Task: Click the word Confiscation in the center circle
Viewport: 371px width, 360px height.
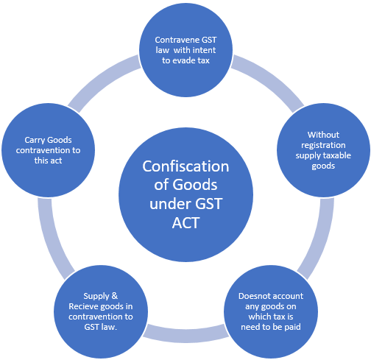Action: point(185,166)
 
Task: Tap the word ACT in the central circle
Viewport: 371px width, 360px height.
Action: point(185,223)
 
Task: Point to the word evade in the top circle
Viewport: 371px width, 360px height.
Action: point(185,60)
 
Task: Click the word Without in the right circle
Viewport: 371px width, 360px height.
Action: point(323,135)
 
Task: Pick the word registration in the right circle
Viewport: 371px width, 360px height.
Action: point(323,145)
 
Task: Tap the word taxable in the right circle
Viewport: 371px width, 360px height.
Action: point(337,155)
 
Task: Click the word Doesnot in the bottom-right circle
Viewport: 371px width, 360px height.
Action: point(252,296)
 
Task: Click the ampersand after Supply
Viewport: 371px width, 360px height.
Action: point(114,296)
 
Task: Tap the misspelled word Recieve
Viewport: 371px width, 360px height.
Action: point(83,306)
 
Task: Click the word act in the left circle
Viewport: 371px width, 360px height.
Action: point(56,160)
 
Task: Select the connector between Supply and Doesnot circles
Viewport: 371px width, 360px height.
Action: point(185,334)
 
